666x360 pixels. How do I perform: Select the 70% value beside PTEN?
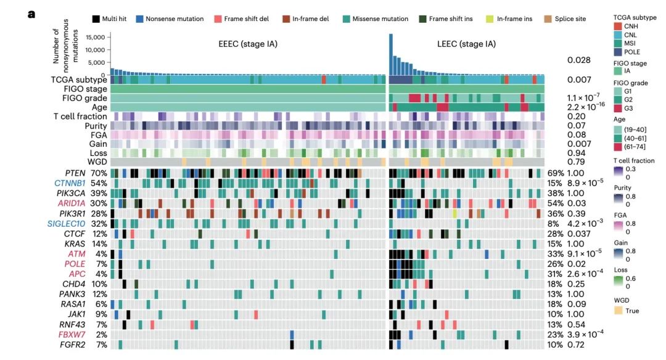point(99,173)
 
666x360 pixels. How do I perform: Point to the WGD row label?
point(95,162)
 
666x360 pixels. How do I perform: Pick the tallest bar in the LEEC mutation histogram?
point(391,54)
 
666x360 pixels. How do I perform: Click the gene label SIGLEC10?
point(70,224)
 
